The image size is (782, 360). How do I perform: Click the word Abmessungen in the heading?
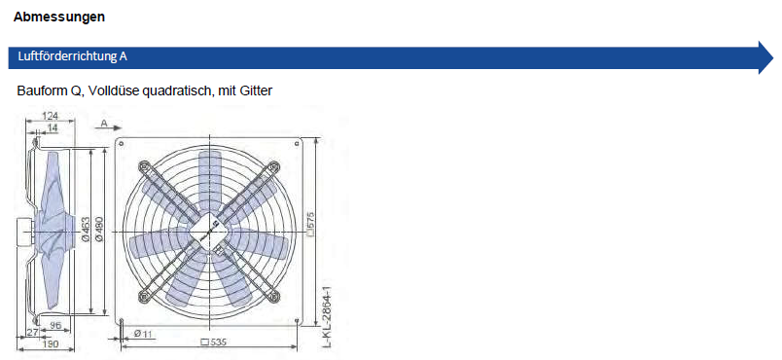(59, 17)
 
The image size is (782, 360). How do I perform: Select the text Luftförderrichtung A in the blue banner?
(72, 56)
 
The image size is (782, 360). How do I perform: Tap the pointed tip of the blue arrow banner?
(773, 57)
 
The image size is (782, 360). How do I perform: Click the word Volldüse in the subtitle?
(115, 91)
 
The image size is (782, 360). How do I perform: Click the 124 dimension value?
(50, 116)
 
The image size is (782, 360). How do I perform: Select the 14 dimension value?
(52, 128)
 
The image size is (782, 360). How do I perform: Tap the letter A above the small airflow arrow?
(104, 123)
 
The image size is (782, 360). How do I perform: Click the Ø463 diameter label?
(86, 230)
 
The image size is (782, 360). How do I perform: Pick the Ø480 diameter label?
(99, 230)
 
